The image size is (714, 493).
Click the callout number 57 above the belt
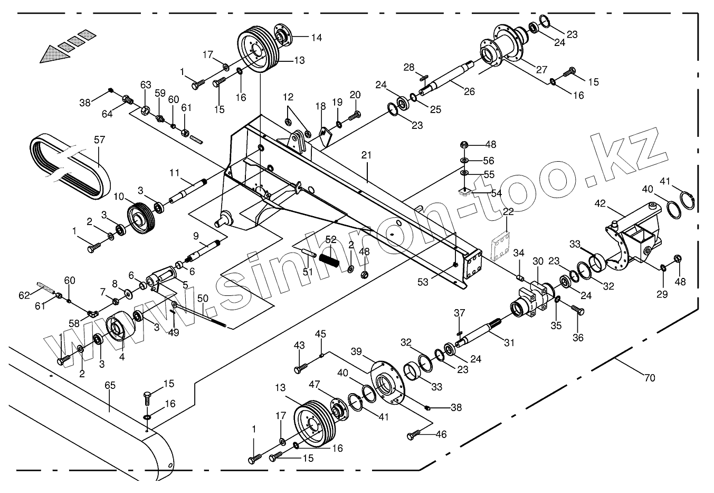click(x=99, y=140)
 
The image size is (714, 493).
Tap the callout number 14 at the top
click(x=316, y=38)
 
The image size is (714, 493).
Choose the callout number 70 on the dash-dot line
click(x=649, y=378)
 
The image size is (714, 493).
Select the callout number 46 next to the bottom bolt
click(x=440, y=434)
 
